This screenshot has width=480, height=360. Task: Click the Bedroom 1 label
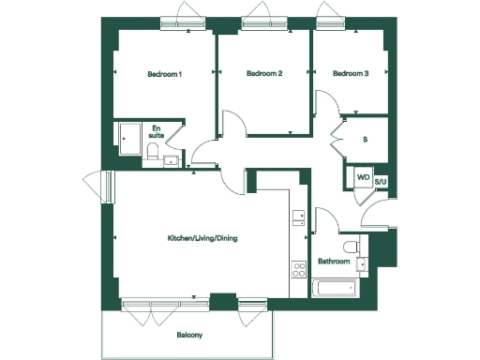tap(164, 74)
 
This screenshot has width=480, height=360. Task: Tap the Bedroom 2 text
tap(264, 74)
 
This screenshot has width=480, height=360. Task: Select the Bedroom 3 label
tap(351, 74)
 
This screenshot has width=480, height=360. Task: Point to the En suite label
tap(157, 131)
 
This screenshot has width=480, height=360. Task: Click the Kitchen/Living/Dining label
tap(202, 239)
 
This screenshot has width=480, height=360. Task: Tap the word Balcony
tap(189, 335)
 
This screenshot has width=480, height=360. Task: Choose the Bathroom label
tap(334, 262)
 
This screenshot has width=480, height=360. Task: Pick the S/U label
tap(381, 182)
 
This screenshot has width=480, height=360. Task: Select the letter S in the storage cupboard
tap(364, 140)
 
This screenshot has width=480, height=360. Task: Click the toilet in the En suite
tap(152, 154)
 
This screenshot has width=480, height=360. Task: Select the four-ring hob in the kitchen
tap(300, 268)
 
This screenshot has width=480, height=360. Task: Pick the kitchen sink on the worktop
tap(299, 217)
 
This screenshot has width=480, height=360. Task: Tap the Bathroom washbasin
tap(361, 263)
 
